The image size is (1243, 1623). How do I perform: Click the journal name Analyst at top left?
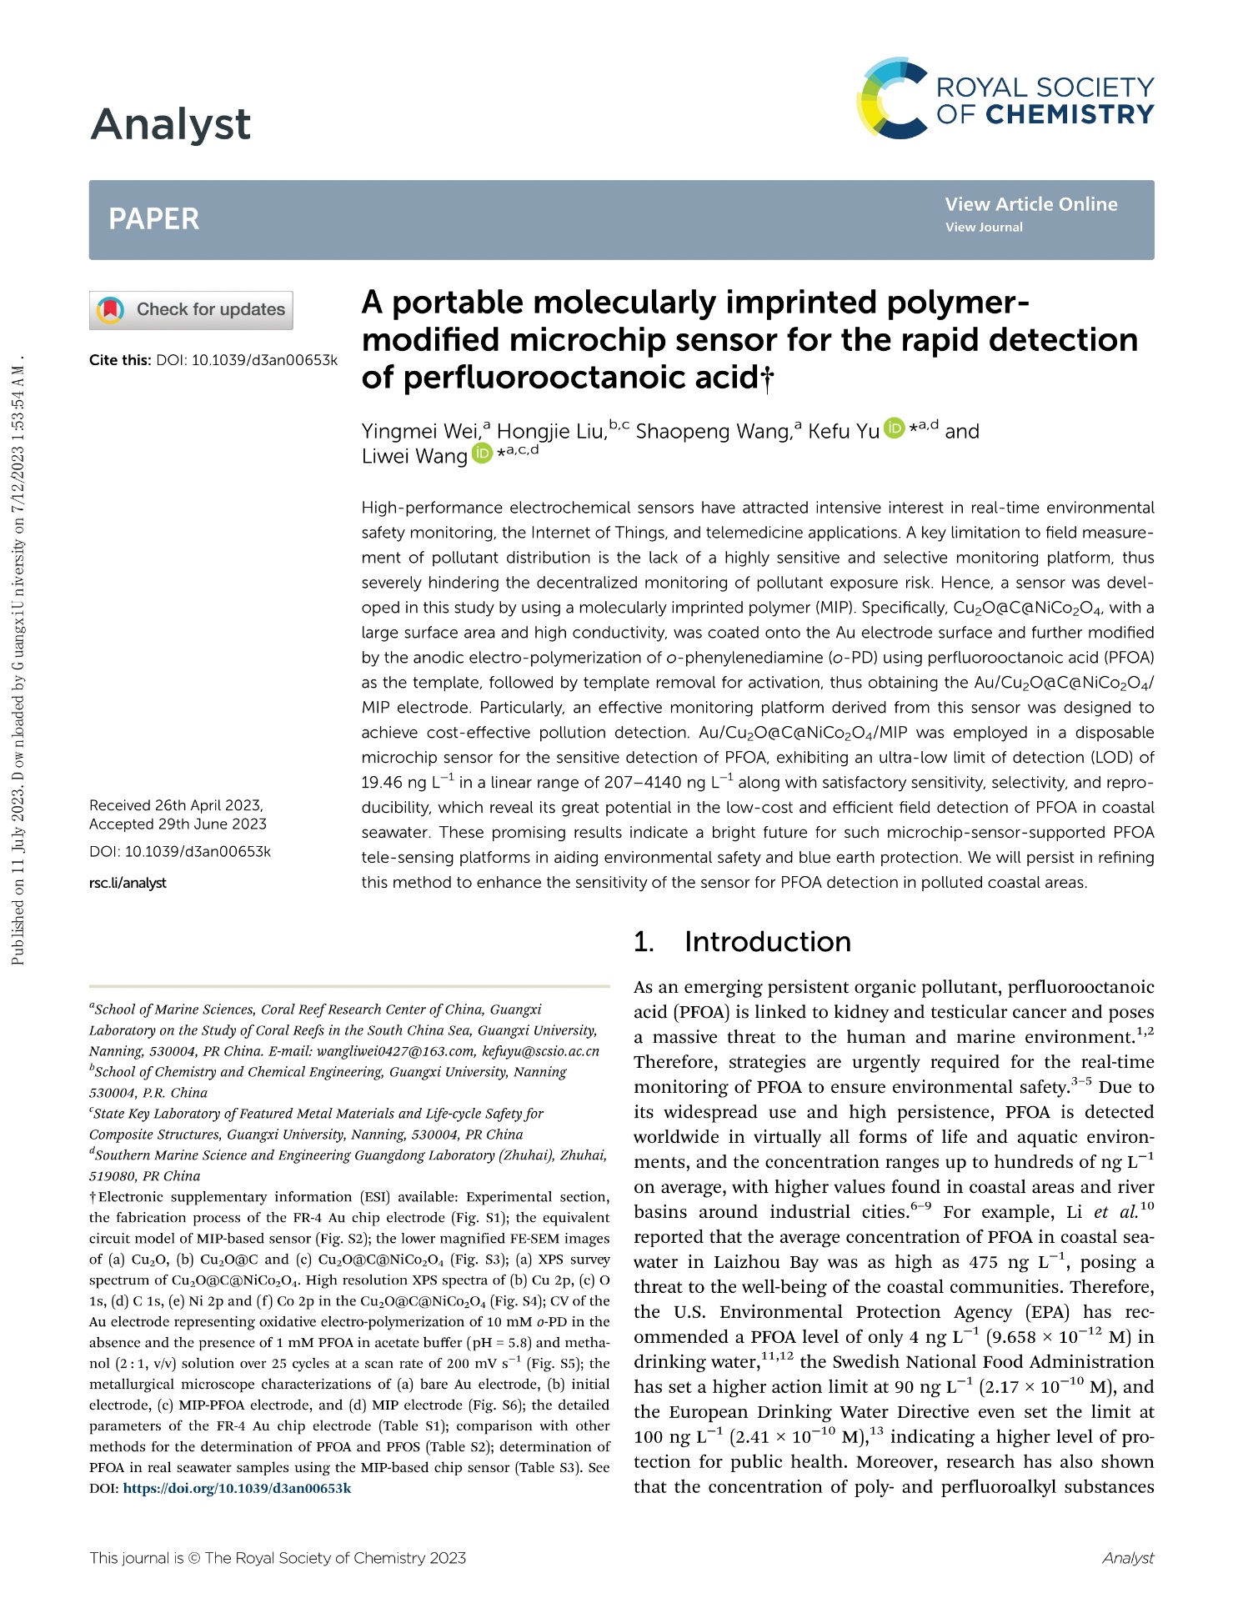click(170, 124)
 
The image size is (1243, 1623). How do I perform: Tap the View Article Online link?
click(1030, 204)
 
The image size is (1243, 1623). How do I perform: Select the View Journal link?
click(983, 228)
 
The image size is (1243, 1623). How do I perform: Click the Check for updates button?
click(191, 310)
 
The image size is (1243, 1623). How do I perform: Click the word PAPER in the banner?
click(153, 219)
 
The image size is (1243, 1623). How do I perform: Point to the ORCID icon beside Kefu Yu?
click(894, 428)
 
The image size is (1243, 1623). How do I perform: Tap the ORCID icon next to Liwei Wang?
click(482, 453)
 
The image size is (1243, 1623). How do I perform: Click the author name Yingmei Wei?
click(419, 431)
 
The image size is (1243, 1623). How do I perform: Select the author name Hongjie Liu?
click(550, 431)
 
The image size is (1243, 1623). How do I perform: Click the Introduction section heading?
click(767, 942)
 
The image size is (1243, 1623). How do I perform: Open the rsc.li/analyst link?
click(128, 883)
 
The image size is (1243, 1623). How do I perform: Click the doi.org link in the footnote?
click(237, 1488)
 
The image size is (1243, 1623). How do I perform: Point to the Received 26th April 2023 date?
click(176, 805)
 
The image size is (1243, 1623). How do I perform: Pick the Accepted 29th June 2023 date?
click(178, 824)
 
